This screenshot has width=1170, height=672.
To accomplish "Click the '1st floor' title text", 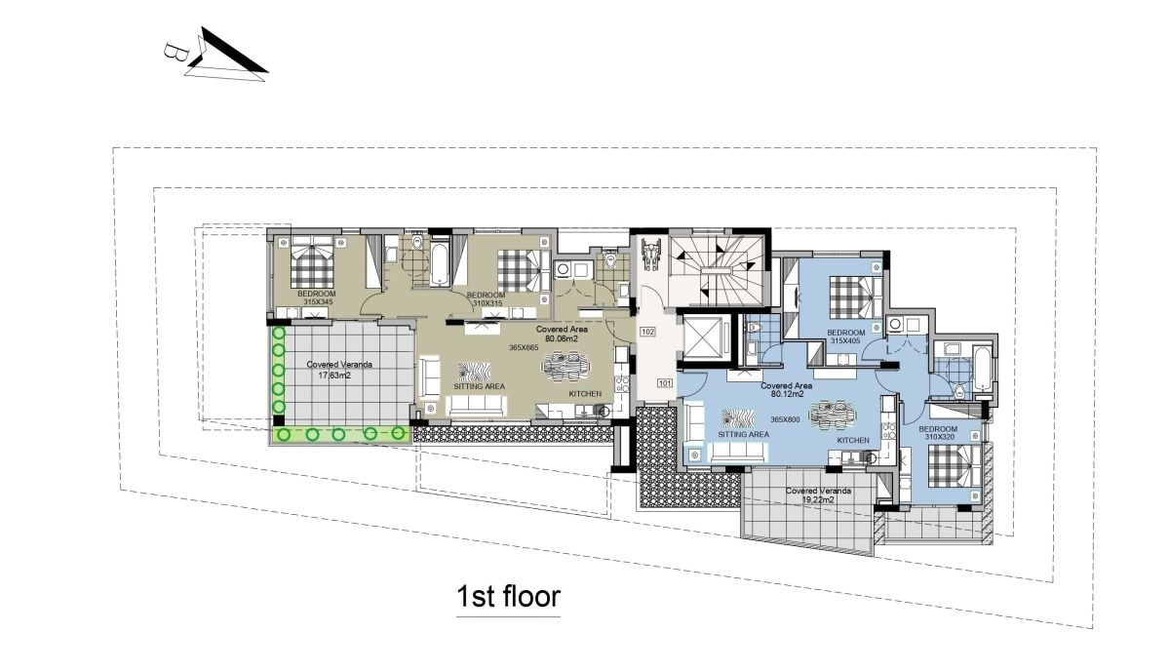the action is tap(508, 596).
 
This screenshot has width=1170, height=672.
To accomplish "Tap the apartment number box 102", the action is tap(647, 332).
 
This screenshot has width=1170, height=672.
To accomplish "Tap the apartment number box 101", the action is tap(664, 383).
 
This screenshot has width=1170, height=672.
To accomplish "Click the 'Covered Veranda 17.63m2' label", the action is tap(339, 370).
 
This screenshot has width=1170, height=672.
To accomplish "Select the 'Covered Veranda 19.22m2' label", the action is tap(818, 495).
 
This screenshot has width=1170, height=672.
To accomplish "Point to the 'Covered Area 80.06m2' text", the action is tap(562, 334).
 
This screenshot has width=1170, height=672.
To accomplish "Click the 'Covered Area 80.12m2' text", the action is tap(787, 390).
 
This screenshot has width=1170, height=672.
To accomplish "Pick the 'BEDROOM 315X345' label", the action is tap(317, 297).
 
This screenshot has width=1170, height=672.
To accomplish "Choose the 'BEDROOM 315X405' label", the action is tap(846, 336).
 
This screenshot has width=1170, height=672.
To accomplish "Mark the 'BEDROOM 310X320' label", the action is tap(938, 433).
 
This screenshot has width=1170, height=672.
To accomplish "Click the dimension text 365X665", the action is tap(524, 347).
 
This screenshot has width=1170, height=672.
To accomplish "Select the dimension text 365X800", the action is tap(785, 419).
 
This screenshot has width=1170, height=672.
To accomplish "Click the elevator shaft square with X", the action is tap(705, 337).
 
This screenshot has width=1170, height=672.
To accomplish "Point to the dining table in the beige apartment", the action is tap(565, 363).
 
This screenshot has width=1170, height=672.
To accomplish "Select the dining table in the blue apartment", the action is tap(832, 414).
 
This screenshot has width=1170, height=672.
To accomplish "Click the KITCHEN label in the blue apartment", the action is tap(853, 441).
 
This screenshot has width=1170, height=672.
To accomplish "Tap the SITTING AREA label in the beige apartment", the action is tap(479, 386).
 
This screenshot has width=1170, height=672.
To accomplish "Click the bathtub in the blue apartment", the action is tap(982, 368).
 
